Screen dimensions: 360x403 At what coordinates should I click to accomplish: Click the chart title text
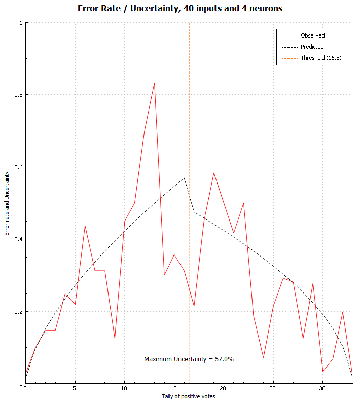coord(180,8)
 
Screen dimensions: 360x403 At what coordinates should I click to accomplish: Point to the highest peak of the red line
coord(154,83)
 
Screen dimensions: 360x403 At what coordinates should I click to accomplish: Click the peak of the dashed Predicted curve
coord(184,178)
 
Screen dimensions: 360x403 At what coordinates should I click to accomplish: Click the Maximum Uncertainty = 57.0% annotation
coord(189,359)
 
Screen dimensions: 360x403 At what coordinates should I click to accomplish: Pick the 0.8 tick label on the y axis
coord(18,95)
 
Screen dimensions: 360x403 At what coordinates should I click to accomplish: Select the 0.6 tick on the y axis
coord(18,167)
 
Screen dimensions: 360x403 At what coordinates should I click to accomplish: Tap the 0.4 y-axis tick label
coord(18,239)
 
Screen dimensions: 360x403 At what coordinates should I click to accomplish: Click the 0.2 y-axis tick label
coord(18,312)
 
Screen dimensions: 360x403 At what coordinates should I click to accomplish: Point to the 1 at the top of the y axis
coord(21,23)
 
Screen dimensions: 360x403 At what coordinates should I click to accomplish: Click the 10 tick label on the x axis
coord(124,388)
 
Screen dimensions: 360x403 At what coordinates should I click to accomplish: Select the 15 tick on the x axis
coord(174,388)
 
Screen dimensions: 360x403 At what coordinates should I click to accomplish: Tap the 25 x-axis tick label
coord(273,388)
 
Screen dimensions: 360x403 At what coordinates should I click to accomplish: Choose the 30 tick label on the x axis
coord(322,388)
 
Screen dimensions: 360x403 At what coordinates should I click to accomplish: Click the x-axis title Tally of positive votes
coord(189,396)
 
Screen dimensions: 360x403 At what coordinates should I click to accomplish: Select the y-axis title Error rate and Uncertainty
coord(7,204)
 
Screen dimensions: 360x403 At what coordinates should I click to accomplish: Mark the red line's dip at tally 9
coord(115,338)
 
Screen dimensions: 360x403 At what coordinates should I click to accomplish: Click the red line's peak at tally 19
coord(213,173)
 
